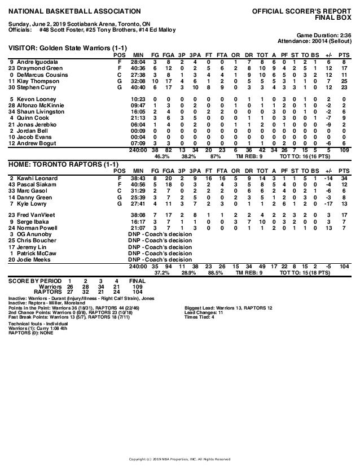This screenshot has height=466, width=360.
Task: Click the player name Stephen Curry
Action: tap(33, 88)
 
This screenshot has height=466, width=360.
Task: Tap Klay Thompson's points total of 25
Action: tap(343, 81)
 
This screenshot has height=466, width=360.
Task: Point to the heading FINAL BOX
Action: tap(333, 17)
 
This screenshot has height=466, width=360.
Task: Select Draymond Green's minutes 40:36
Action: tap(138, 68)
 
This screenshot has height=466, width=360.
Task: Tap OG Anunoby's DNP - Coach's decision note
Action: tap(160, 233)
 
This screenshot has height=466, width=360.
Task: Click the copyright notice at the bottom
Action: tap(180, 459)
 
